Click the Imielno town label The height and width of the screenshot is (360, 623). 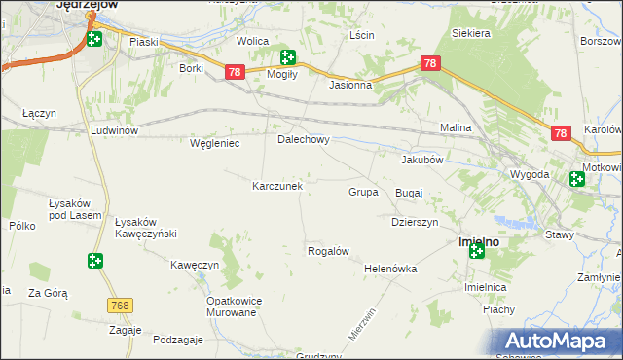(479, 240)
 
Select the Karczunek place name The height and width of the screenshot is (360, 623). (277, 185)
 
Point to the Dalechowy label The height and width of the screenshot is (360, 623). (304, 139)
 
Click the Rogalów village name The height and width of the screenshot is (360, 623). (328, 251)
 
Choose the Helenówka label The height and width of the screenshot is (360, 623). (390, 269)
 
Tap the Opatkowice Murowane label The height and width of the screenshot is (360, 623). (231, 306)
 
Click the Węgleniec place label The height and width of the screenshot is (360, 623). (214, 143)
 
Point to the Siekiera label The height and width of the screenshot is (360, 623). (471, 33)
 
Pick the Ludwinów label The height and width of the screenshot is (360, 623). (115, 130)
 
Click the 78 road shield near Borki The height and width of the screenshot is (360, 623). (234, 73)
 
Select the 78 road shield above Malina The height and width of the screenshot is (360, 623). (432, 63)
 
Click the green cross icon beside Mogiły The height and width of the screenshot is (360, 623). (287, 57)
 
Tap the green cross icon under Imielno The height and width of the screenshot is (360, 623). (476, 252)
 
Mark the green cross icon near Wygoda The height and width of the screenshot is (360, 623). (576, 178)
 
